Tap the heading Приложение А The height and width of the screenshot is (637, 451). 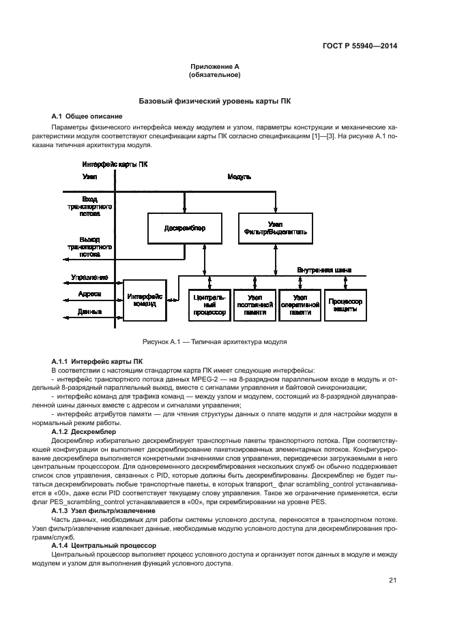point(215,67)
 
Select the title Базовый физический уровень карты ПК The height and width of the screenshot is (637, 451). point(215,100)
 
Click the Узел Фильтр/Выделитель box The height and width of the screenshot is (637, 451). point(276,228)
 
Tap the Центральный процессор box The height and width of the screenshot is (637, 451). point(209,305)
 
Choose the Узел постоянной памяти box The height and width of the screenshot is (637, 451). point(254,305)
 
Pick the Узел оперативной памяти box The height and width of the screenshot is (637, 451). point(300,305)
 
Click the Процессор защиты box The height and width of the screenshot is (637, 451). point(345,305)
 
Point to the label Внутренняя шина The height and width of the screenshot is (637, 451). point(324,270)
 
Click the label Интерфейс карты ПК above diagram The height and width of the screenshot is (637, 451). point(115,164)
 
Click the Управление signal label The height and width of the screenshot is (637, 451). point(89,278)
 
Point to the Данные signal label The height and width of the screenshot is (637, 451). point(89,311)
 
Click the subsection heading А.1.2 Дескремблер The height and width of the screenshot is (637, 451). point(84,432)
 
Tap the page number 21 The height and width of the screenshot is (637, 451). point(393,580)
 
